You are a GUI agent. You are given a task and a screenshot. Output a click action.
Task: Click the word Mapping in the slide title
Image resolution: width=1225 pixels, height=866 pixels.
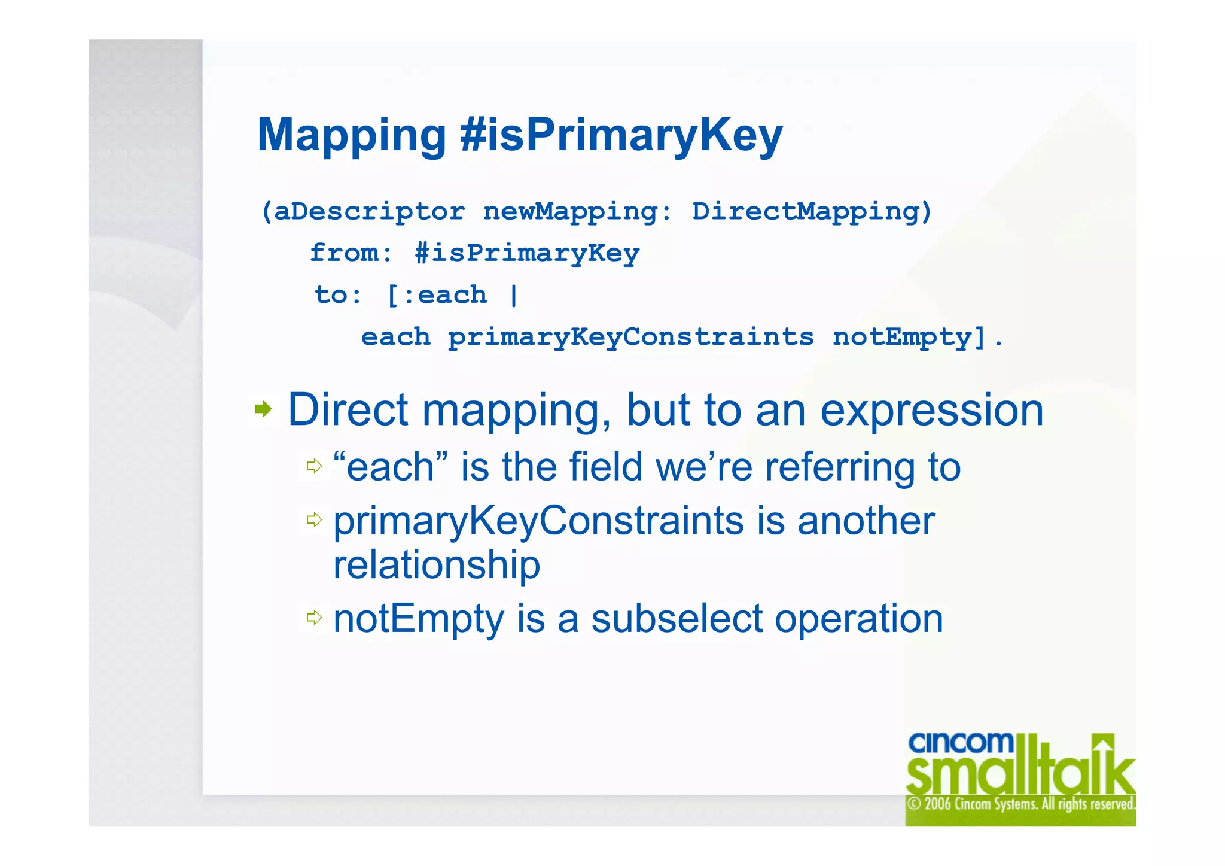tap(352, 136)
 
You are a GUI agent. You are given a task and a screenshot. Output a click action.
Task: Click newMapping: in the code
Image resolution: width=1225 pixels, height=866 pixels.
tap(577, 212)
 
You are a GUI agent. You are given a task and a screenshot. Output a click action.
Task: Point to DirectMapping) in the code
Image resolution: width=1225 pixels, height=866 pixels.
tap(812, 212)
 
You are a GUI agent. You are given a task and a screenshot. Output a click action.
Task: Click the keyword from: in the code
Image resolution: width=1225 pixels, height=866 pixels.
tap(351, 253)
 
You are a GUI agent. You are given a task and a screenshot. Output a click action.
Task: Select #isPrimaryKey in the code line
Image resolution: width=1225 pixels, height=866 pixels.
tap(527, 253)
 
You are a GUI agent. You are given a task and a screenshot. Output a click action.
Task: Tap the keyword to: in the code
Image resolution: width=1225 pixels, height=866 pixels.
tap(338, 295)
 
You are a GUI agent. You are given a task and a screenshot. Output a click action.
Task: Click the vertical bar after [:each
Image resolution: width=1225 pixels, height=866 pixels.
tap(514, 295)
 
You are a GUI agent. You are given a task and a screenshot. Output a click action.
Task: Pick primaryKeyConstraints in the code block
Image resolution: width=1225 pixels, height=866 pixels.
tap(630, 337)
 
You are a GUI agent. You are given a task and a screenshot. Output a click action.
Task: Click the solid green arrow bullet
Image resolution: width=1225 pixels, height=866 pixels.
tap(263, 409)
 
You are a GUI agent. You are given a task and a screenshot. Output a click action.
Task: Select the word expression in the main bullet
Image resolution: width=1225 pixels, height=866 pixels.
tap(931, 411)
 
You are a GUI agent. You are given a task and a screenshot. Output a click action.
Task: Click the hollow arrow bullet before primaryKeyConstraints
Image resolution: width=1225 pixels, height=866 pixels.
tap(314, 519)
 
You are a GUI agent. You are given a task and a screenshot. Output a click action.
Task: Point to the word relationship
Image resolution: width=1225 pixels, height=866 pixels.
tap(437, 564)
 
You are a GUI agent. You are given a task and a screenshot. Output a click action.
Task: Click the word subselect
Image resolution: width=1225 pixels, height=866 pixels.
tap(677, 618)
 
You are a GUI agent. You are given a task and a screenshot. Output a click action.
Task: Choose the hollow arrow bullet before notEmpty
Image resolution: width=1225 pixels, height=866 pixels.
tap(314, 617)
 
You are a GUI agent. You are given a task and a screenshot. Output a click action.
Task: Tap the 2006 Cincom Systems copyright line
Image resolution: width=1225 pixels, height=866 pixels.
tap(1020, 804)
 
